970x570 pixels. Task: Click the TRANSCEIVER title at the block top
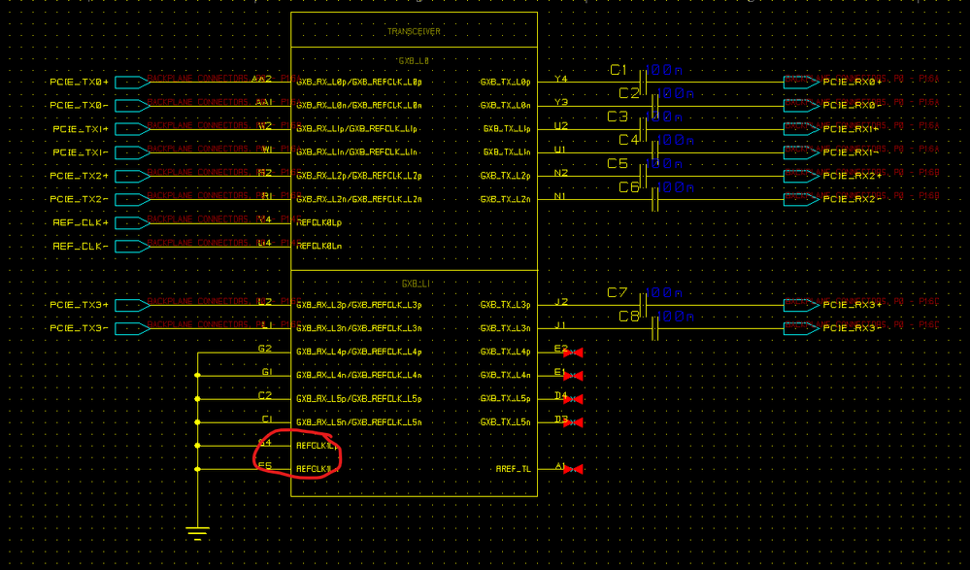tap(414, 32)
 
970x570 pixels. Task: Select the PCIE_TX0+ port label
tap(80, 83)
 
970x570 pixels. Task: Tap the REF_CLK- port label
tap(80, 247)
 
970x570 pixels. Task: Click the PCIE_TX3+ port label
tap(80, 305)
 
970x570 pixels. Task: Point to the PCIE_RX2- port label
tap(853, 200)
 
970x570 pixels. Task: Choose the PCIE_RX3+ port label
tap(853, 305)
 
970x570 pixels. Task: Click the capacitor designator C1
tap(619, 70)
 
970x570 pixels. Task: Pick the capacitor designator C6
tap(628, 187)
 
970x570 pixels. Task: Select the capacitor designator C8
tap(628, 317)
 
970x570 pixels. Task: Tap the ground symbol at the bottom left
tap(197, 532)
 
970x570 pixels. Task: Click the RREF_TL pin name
tap(513, 470)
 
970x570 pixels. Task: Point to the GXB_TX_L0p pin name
tap(505, 83)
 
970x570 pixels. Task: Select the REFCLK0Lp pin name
tap(318, 223)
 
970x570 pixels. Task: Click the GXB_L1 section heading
tap(415, 284)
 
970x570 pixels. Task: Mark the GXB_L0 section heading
tap(415, 60)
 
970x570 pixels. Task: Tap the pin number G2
tap(265, 348)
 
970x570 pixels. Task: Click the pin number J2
tap(561, 301)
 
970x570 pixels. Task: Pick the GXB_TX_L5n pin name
tap(505, 422)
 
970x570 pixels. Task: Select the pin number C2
tap(265, 395)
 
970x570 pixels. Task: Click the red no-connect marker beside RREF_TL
tap(574, 470)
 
